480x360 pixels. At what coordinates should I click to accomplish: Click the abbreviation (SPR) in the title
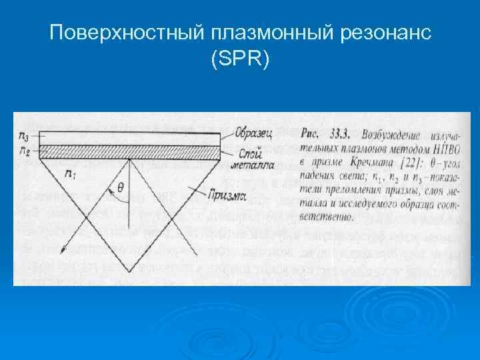pos(240,60)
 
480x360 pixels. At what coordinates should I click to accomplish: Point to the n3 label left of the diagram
pos(24,136)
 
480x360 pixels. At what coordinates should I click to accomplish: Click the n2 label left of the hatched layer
pos(24,152)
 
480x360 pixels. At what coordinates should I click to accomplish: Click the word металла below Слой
pos(252,165)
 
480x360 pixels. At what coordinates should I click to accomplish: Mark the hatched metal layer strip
pos(127,153)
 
